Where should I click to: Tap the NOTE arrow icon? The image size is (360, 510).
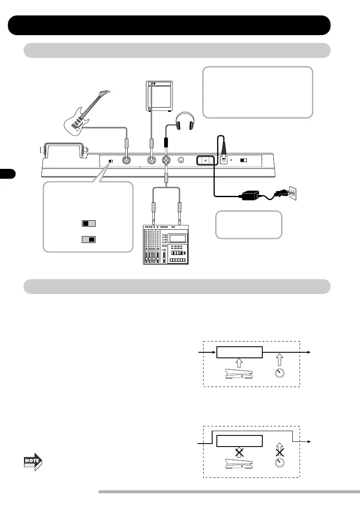point(33,461)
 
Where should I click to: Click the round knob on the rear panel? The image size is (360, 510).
point(181,161)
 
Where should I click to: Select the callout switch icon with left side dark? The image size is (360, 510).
point(88,223)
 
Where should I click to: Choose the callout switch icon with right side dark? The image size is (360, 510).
point(88,239)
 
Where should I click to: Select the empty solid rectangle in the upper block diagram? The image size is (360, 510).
point(239,352)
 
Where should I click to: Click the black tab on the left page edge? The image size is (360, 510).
point(8,174)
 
